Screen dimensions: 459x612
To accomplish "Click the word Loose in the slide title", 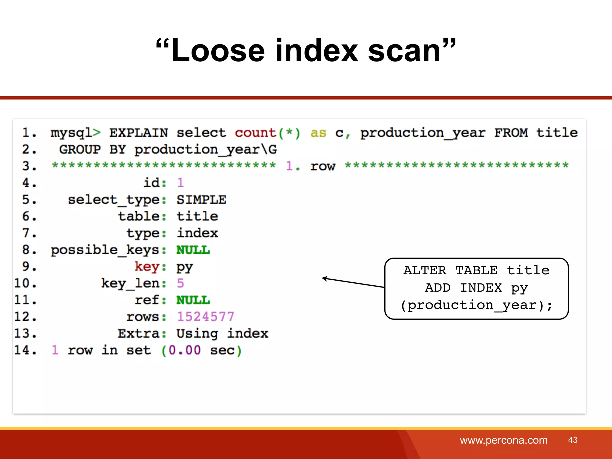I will pyautogui.click(x=218, y=51).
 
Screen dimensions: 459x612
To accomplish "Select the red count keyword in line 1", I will pyautogui.click(x=255, y=133).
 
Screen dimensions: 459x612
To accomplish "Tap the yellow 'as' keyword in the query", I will pyautogui.click(x=318, y=133).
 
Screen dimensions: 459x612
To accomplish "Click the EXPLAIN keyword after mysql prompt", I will pyautogui.click(x=139, y=133).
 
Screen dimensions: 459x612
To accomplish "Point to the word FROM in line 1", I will pyautogui.click(x=511, y=133).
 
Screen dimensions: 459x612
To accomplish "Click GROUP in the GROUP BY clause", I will pyautogui.click(x=80, y=149).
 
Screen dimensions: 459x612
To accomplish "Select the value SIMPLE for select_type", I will pyautogui.click(x=201, y=200).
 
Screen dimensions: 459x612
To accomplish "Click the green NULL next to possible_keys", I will pyautogui.click(x=193, y=250).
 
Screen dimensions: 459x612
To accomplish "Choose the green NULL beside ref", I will pyautogui.click(x=193, y=300).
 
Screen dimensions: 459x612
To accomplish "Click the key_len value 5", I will pyautogui.click(x=180, y=283).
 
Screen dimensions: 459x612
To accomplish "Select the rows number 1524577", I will pyautogui.click(x=205, y=317).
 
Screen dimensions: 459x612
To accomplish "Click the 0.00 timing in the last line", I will pyautogui.click(x=184, y=350).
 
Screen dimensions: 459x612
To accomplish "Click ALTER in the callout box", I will pyautogui.click(x=425, y=270).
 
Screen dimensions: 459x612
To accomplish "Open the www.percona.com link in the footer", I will pyautogui.click(x=504, y=440).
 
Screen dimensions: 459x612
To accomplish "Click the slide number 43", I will pyautogui.click(x=573, y=440).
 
